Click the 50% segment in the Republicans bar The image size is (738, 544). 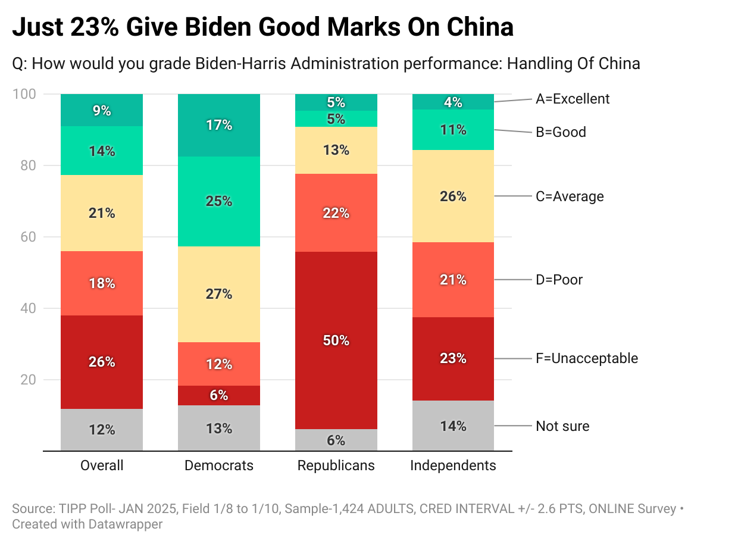[x=336, y=340]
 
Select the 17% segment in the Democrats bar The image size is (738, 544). [x=219, y=125]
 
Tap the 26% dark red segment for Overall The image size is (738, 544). [x=102, y=362]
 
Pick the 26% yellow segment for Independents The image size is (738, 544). [x=453, y=196]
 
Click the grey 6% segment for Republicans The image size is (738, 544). [x=336, y=440]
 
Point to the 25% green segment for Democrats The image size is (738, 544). [x=219, y=201]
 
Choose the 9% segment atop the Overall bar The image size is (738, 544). [x=102, y=110]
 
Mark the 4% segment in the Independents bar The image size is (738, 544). [x=453, y=102]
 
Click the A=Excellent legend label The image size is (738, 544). [x=573, y=99]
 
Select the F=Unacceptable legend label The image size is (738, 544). [x=587, y=358]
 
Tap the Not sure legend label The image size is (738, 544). [x=562, y=426]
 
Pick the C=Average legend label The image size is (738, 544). [x=570, y=196]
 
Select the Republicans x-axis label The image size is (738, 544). [x=336, y=465]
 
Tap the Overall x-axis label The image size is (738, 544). [x=102, y=465]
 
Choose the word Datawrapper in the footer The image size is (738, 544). [x=130, y=524]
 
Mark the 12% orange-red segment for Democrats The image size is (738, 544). [x=219, y=364]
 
